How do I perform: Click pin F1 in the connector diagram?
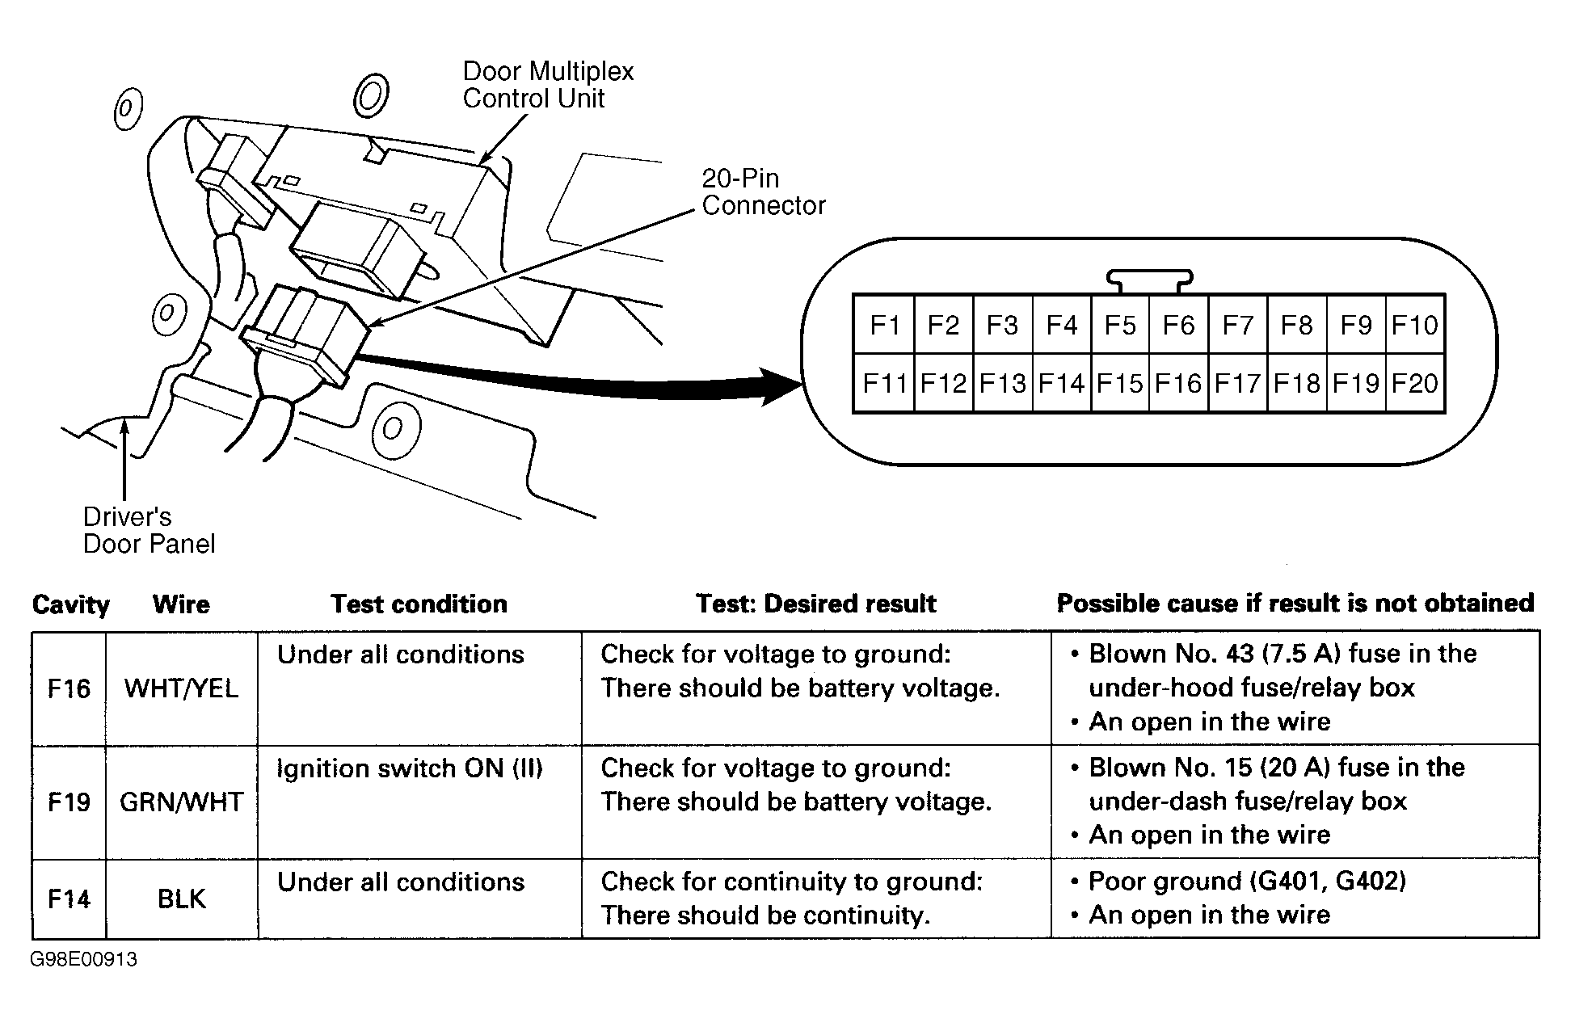click(884, 325)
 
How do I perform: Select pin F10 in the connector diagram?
click(1415, 325)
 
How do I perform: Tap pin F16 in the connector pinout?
click(1178, 383)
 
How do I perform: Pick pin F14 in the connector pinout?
click(1060, 383)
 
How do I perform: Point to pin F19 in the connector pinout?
click(1356, 383)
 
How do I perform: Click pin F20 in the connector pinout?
click(1415, 383)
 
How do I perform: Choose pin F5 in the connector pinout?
click(1120, 325)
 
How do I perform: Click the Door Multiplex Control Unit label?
click(548, 85)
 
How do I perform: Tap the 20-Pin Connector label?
click(763, 192)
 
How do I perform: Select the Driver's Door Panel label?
click(149, 530)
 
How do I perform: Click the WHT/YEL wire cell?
click(181, 688)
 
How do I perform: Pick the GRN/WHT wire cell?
click(181, 802)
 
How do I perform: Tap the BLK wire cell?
click(181, 899)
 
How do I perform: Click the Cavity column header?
click(70, 604)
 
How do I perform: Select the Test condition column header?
click(419, 604)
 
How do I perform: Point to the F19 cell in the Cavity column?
click(69, 802)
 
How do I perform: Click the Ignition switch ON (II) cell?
click(410, 768)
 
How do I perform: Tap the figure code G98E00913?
click(84, 960)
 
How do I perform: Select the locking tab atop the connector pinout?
click(1149, 280)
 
